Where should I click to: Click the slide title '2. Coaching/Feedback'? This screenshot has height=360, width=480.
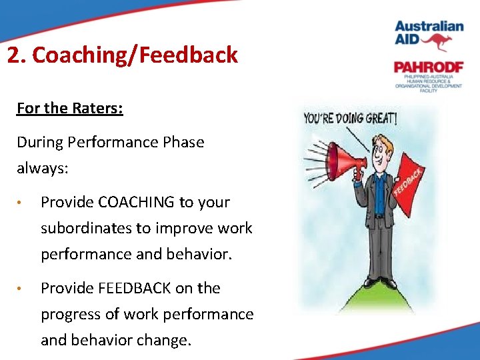(x=122, y=55)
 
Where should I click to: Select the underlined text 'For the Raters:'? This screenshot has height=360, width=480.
(x=69, y=108)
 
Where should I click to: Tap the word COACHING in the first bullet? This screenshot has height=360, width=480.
(x=135, y=202)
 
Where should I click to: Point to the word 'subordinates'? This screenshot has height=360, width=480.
(x=86, y=228)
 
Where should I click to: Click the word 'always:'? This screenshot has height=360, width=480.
(x=43, y=169)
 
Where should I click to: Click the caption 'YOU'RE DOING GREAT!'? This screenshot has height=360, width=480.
(x=350, y=119)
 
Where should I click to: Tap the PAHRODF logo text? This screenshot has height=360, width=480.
(x=427, y=67)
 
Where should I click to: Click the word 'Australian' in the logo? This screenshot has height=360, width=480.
(x=429, y=26)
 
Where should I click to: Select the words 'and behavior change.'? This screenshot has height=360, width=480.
(x=115, y=340)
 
